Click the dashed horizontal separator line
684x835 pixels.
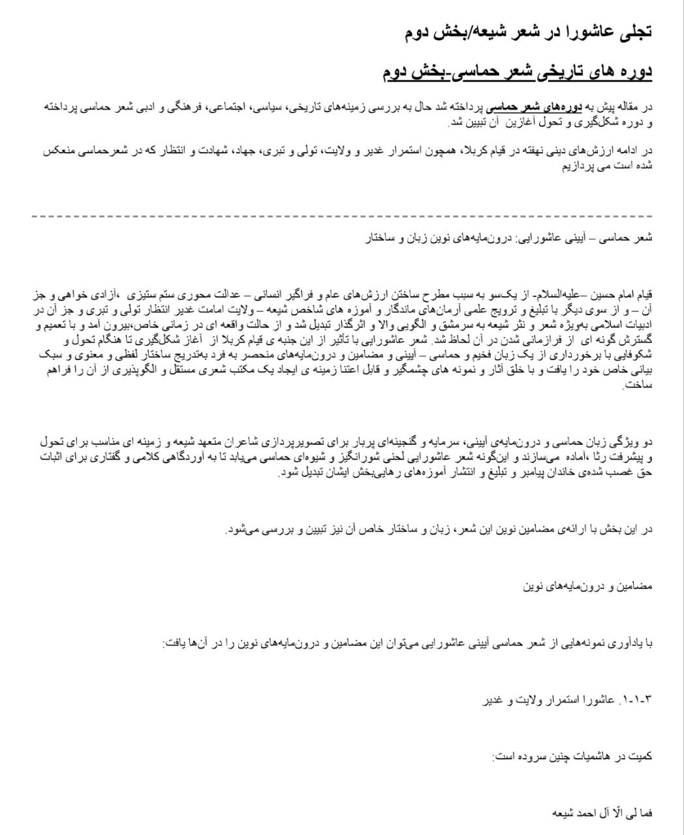[x=342, y=216]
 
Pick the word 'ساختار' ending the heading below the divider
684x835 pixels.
[x=379, y=238]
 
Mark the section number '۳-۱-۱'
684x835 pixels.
[x=639, y=701]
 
